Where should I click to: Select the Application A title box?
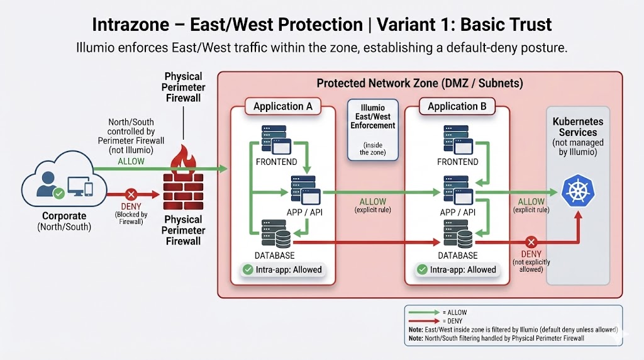click(x=282, y=106)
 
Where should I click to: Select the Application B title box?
click(x=457, y=106)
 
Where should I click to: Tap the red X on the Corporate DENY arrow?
click(x=131, y=194)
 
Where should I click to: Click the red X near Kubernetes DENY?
click(x=531, y=242)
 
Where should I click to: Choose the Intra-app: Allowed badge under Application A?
click(x=282, y=270)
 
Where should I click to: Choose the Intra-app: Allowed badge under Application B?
click(x=457, y=270)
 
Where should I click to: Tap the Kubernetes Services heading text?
click(x=577, y=127)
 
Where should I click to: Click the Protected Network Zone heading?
click(x=419, y=83)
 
